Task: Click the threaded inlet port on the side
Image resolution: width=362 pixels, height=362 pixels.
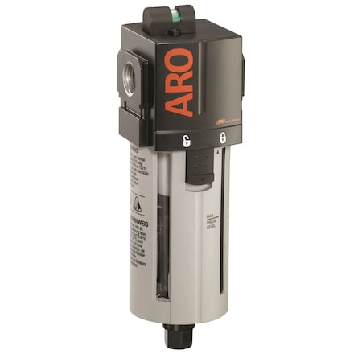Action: (x=128, y=80)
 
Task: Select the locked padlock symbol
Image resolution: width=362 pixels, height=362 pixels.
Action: (x=220, y=138)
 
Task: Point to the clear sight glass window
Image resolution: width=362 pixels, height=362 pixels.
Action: (x=162, y=241)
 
